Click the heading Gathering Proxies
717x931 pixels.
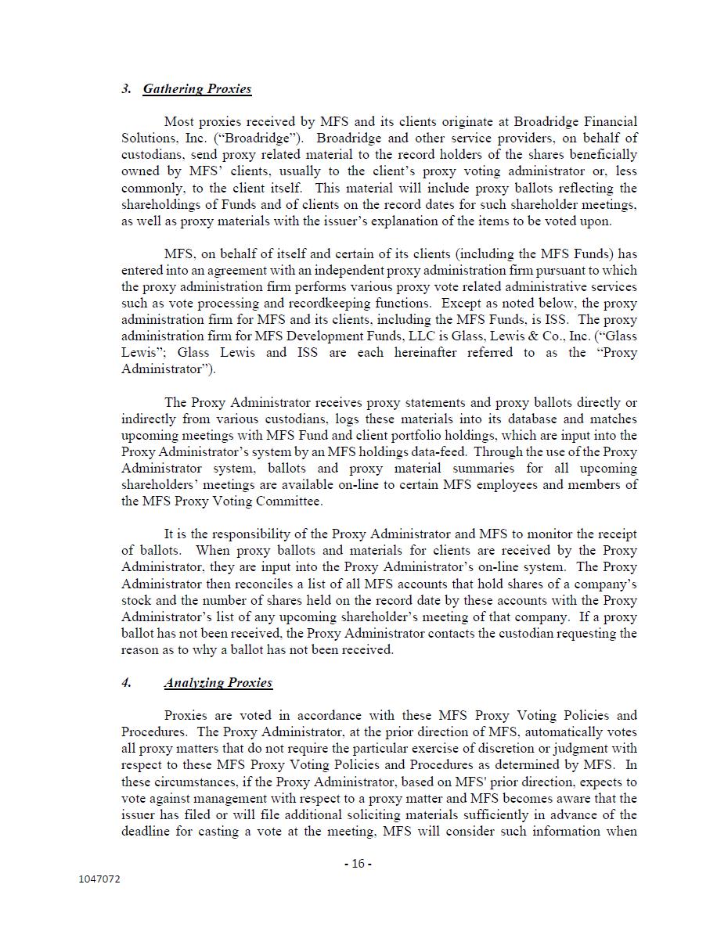(196, 88)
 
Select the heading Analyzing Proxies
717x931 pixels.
(218, 682)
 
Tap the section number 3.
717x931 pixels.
(126, 88)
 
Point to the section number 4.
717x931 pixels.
(126, 682)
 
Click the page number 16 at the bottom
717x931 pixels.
(358, 864)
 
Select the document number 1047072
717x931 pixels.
(99, 879)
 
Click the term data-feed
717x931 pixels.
(439, 451)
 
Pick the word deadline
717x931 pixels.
(147, 831)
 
